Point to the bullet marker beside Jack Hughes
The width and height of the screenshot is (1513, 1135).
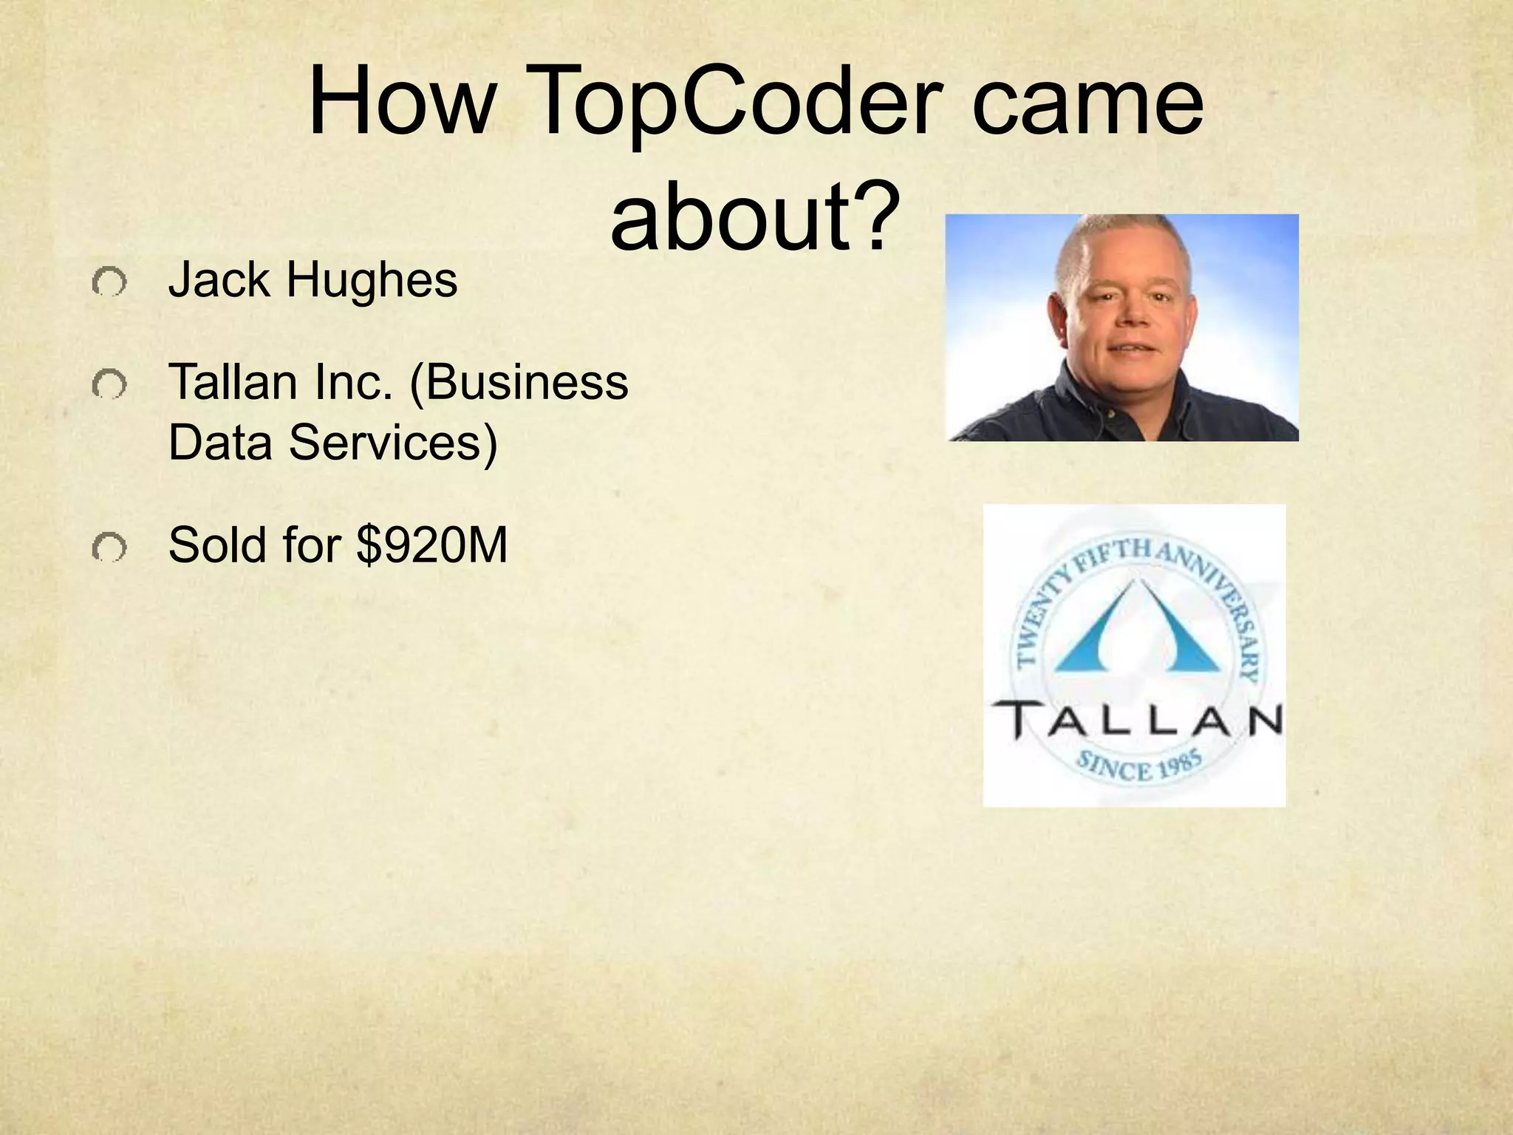109,283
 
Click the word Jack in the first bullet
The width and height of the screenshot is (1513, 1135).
219,281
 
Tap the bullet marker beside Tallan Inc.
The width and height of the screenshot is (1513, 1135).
109,385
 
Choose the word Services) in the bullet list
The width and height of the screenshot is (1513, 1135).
392,443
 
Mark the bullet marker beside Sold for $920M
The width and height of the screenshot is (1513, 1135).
109,548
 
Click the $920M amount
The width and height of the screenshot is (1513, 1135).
432,546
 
